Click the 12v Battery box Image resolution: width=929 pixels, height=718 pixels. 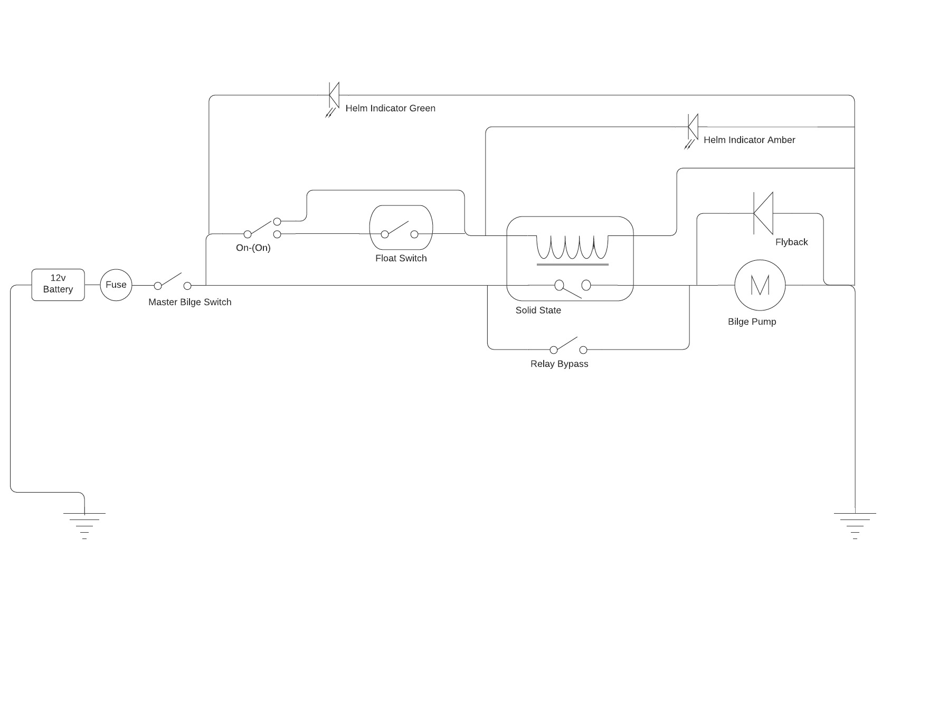point(58,285)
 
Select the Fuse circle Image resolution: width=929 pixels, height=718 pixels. point(116,285)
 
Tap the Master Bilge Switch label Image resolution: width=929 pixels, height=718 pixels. point(189,302)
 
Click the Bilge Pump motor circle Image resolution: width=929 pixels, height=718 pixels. point(760,285)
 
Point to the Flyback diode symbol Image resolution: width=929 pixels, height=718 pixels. point(763,213)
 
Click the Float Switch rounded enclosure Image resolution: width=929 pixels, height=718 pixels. point(401,228)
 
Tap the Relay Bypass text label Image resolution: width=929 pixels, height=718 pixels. point(559,364)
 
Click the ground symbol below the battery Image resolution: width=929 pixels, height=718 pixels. point(84,525)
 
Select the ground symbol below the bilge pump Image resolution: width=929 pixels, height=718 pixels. point(855,525)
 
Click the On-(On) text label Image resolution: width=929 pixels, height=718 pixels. point(253,248)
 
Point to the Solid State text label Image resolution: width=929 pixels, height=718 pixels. point(538,310)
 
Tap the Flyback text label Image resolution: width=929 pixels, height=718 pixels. point(791,242)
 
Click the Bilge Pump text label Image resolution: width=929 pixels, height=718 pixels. point(752,322)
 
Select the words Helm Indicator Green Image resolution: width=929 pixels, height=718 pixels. point(390,108)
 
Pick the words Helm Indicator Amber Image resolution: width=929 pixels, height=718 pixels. point(749,140)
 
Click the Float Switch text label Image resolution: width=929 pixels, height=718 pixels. point(401,258)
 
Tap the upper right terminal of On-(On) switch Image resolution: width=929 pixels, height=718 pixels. point(277,222)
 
